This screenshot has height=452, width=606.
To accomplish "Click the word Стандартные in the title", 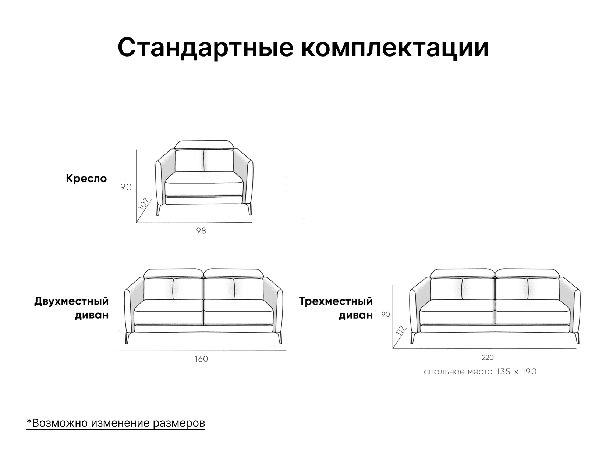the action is tap(205, 48).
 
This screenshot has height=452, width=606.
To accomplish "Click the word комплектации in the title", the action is tap(395, 48).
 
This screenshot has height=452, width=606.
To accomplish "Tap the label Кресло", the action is tap(86, 179).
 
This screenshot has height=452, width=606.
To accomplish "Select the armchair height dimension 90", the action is tap(126, 187).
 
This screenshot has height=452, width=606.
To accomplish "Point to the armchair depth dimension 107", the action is tap(144, 204).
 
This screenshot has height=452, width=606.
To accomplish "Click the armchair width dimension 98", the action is tap(201, 231).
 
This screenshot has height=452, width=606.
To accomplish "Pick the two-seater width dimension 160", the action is tap(201, 359).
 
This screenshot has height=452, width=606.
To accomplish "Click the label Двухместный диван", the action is tap(71, 308).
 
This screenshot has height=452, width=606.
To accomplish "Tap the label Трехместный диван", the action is tap(336, 308).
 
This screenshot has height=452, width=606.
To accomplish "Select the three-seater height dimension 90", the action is tap(386, 314).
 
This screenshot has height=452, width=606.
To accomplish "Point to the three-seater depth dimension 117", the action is tap(400, 330).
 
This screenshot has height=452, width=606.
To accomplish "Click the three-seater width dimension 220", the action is tap(488, 358).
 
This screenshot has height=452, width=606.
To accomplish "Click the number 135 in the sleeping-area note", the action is tap(503, 372).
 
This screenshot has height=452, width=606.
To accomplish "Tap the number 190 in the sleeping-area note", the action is tap(529, 372).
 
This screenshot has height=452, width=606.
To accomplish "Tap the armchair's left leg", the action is tap(159, 209).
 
